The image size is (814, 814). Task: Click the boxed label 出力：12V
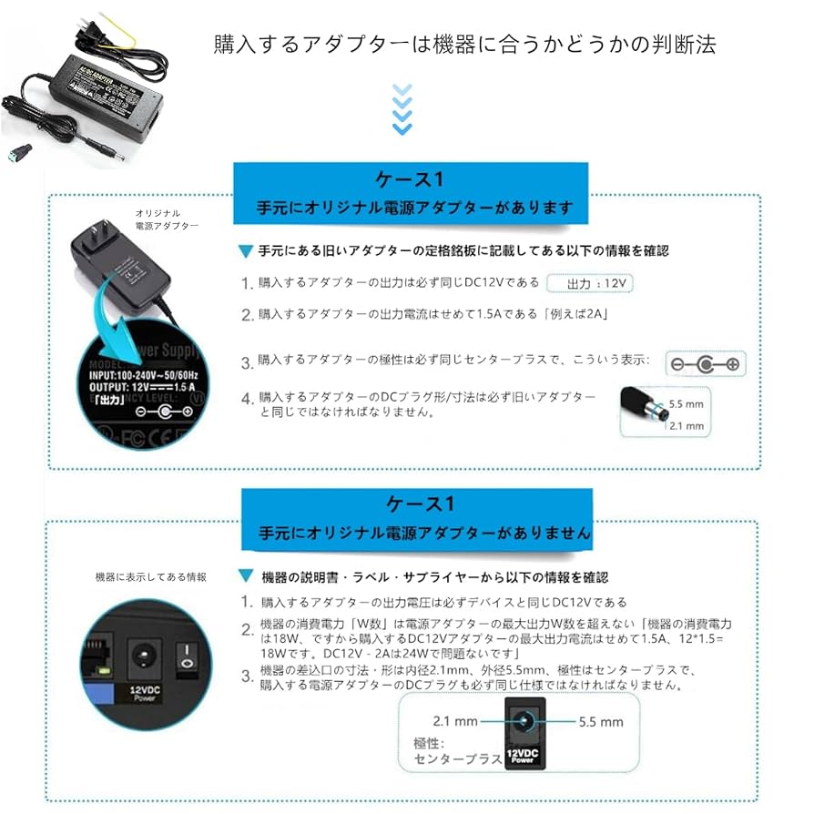tap(591, 283)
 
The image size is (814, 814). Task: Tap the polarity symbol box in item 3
tap(705, 364)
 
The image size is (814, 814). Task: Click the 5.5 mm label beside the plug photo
tap(687, 403)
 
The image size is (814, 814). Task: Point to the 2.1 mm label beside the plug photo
tap(687, 425)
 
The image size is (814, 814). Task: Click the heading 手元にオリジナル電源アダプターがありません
tap(425, 532)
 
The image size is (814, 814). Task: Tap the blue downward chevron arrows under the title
tap(401, 109)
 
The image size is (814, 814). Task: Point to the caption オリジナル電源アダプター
tap(166, 219)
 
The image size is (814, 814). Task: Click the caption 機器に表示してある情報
tap(151, 576)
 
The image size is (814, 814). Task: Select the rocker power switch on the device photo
tap(187, 658)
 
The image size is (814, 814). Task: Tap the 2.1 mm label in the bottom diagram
tap(455, 721)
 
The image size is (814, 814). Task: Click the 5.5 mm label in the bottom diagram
tap(601, 721)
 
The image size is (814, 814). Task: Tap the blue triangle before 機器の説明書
tap(245, 577)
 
